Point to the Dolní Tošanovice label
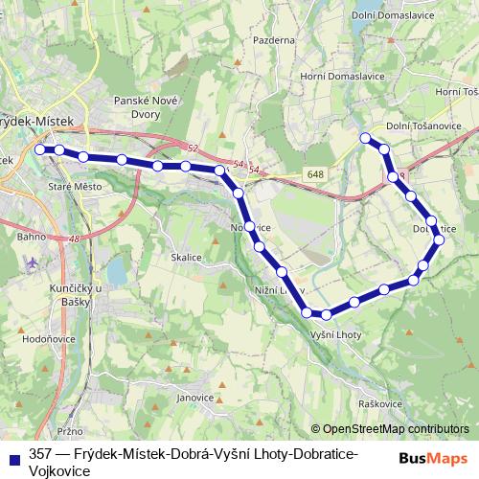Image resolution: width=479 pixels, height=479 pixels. click(422, 125)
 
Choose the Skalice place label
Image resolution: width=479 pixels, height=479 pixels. click(186, 258)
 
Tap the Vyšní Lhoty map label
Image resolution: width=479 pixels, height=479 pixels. click(335, 334)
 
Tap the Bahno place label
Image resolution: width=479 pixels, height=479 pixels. click(31, 234)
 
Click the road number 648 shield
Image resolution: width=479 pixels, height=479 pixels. click(316, 173)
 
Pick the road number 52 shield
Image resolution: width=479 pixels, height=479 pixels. click(193, 148)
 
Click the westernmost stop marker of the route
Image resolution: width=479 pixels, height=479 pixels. click(40, 149)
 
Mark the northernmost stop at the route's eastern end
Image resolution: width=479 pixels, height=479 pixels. click(365, 139)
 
